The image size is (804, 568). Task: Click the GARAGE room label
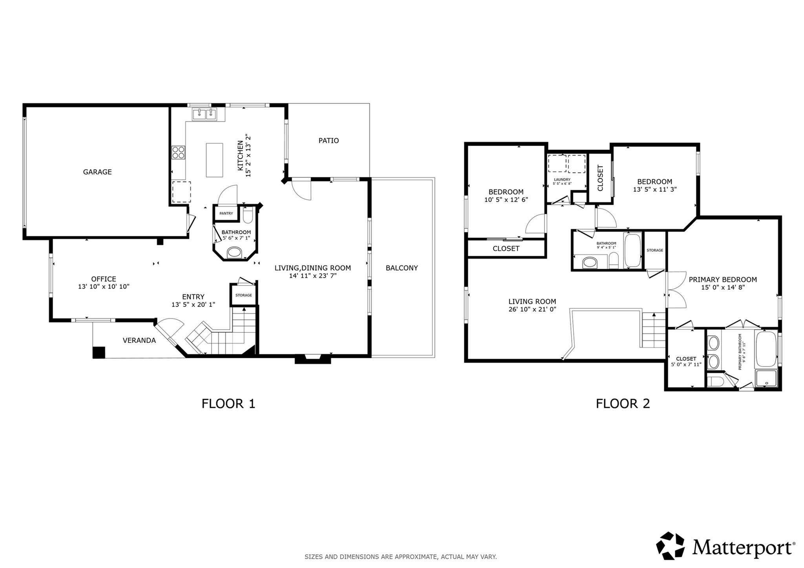click(97, 172)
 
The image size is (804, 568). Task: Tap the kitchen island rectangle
click(214, 160)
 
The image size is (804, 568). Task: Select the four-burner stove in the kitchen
click(178, 152)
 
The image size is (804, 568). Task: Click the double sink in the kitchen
click(205, 114)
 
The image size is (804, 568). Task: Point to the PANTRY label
click(226, 213)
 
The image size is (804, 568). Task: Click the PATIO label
click(329, 140)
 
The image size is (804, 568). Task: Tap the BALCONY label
click(402, 268)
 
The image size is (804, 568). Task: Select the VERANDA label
click(139, 340)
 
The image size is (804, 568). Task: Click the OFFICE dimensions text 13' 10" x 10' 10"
click(104, 287)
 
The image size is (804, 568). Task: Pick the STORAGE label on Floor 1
click(244, 295)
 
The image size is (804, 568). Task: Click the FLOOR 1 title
click(228, 404)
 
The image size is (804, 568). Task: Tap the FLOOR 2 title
click(623, 404)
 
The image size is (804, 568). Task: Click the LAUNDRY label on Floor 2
click(562, 179)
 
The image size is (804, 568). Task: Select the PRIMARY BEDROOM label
click(723, 280)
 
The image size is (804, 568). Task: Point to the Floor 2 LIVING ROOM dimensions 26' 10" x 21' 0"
click(532, 309)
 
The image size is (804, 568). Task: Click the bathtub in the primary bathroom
click(766, 349)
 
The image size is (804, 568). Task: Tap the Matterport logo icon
click(671, 546)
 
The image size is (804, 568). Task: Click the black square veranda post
click(99, 352)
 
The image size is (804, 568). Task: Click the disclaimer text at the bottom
click(401, 557)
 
